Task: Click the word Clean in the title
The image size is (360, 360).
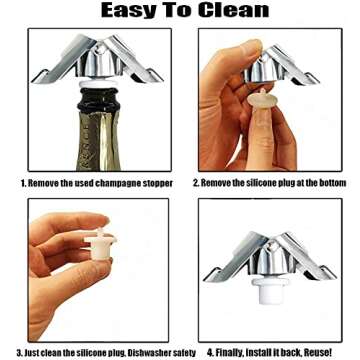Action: pyautogui.click(x=233, y=11)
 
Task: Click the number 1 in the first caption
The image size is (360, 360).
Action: pyautogui.click(x=22, y=183)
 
